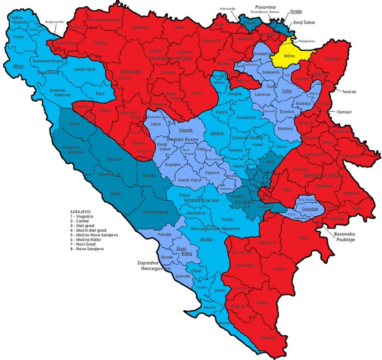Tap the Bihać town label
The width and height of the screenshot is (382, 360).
[x=19, y=66]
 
